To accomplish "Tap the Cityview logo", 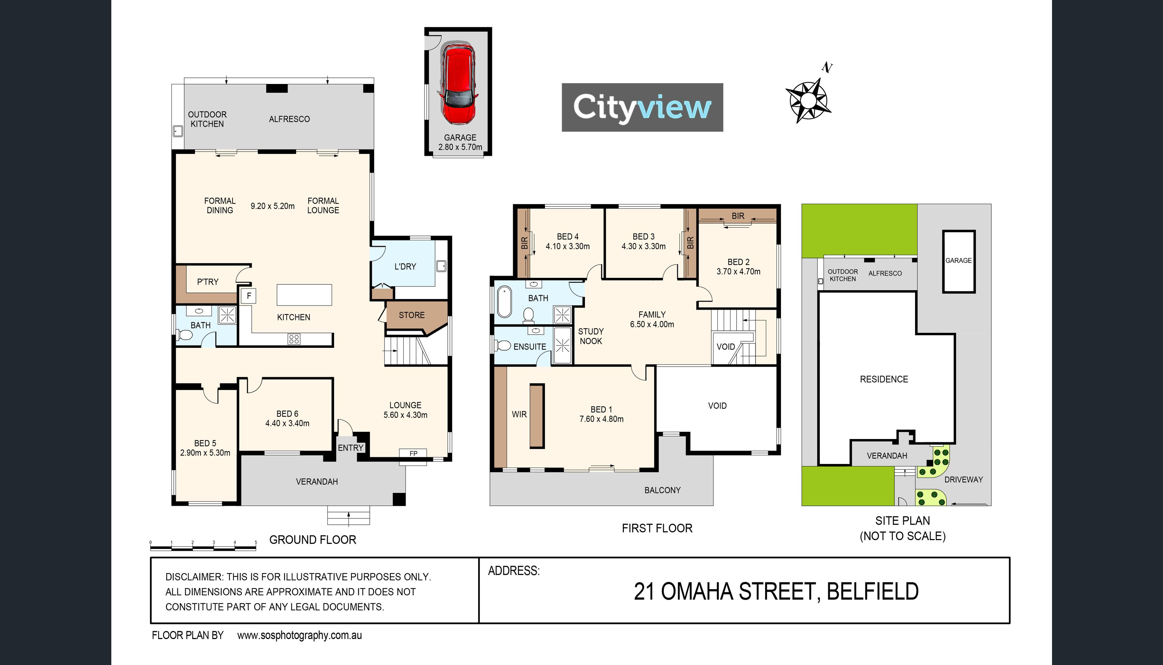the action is click(x=642, y=107).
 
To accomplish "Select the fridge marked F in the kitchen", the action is click(x=249, y=296).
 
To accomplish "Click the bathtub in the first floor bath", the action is click(x=504, y=301).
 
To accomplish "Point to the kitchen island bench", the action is click(x=304, y=295).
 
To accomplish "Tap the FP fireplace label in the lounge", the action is click(x=414, y=454).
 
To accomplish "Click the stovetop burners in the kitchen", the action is click(x=294, y=339).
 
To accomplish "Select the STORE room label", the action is click(x=411, y=315).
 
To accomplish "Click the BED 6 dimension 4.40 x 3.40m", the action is click(x=287, y=423).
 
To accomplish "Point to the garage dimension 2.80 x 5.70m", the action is click(x=460, y=147).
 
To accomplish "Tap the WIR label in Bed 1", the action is click(x=519, y=414).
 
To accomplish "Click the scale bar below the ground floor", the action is click(x=203, y=546).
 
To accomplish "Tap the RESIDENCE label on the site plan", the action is click(x=884, y=379).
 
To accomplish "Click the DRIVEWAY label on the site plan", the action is click(x=963, y=480).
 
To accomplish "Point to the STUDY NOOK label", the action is click(x=591, y=336).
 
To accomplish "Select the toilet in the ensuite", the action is click(x=503, y=345).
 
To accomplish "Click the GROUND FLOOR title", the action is click(x=312, y=540).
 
